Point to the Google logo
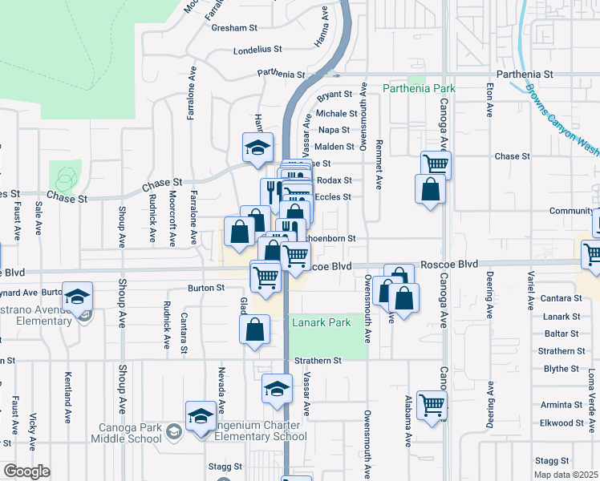pos(26,471)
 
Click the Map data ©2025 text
pos(566,475)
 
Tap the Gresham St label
pos(233,26)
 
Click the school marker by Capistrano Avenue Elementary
pos(78,297)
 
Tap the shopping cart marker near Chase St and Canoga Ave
pos(436,164)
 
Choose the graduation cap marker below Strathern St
pos(277,389)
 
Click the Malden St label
pos(334,147)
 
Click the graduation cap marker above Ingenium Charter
pos(200,416)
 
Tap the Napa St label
pos(334,130)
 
